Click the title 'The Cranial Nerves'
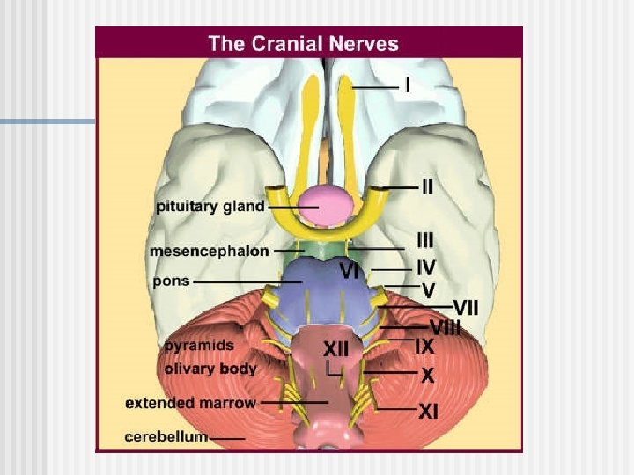coord(303,43)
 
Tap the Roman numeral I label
coord(408,85)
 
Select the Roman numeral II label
coord(426,186)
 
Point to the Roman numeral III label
coord(425,239)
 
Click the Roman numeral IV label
coord(425,265)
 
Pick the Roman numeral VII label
coord(466,307)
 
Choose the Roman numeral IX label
coord(424,346)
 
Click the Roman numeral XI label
coord(428,410)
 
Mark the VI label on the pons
coord(350,272)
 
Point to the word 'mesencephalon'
coord(210,251)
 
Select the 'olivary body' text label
coord(210,369)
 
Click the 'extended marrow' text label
coord(190,404)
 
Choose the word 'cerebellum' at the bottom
coord(166,436)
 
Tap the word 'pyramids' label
coord(199,346)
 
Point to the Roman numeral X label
coord(427,376)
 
